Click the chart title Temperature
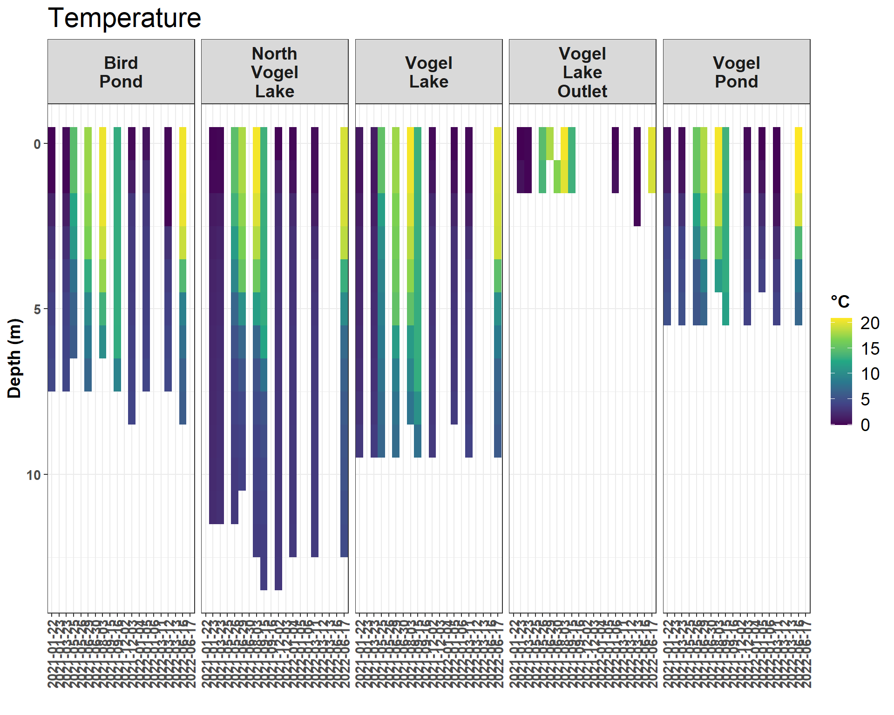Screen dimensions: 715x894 (x=124, y=19)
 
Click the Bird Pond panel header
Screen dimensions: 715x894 (x=121, y=72)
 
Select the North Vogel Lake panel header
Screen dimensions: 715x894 (x=275, y=72)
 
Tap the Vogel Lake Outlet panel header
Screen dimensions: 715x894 (x=582, y=72)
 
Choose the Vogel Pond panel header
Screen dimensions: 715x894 (x=736, y=72)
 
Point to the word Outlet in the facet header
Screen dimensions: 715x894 (x=582, y=91)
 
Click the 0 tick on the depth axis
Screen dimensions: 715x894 (x=37, y=144)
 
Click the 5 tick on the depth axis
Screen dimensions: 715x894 (x=37, y=310)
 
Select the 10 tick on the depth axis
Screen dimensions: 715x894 (x=34, y=475)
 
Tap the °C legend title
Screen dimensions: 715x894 (x=840, y=302)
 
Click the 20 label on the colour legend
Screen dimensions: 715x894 (x=869, y=323)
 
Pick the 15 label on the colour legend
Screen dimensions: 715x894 (x=869, y=349)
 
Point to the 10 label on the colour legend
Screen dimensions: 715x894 (x=869, y=374)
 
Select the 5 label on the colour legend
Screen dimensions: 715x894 (x=865, y=399)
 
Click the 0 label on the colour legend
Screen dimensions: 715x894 (x=865, y=425)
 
